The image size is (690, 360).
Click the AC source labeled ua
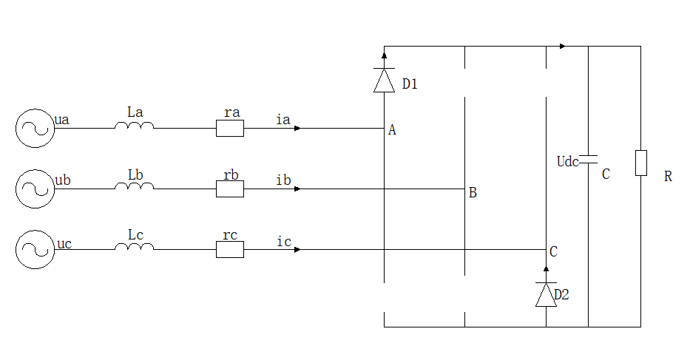tap(34, 129)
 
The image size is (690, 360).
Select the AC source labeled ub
tap(34, 189)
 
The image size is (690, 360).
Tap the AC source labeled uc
tap(34, 250)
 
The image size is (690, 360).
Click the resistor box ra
tap(230, 129)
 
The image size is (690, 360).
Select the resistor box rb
tap(230, 189)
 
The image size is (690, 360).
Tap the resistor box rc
tap(230, 250)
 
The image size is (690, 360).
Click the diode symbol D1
tap(384, 80)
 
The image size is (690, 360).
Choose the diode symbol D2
tap(546, 295)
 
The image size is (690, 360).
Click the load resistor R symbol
tap(641, 163)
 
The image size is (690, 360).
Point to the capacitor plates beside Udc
tap(589, 160)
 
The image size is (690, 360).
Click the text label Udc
tap(567, 161)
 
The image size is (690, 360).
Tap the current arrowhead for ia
tap(297, 129)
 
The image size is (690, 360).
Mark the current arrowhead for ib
tap(297, 189)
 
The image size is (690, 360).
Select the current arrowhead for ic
tap(297, 250)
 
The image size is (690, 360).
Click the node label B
tap(473, 194)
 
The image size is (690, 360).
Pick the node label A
tap(392, 130)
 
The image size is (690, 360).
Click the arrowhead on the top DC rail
tap(564, 47)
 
